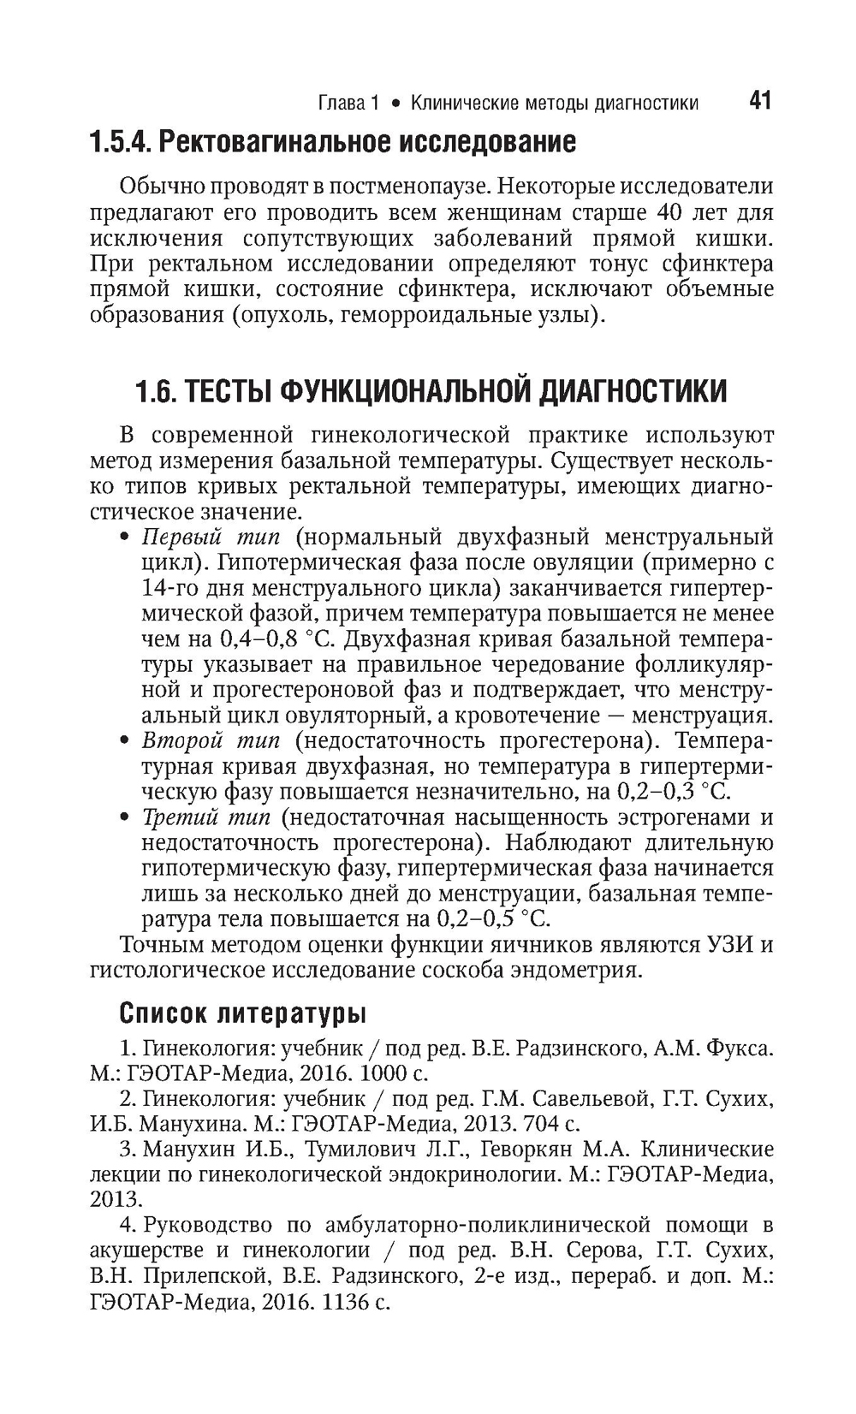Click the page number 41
pyautogui.click(x=759, y=101)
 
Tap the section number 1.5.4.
pyautogui.click(x=119, y=141)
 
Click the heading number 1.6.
pyautogui.click(x=156, y=392)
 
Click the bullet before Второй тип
pyautogui.click(x=125, y=740)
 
